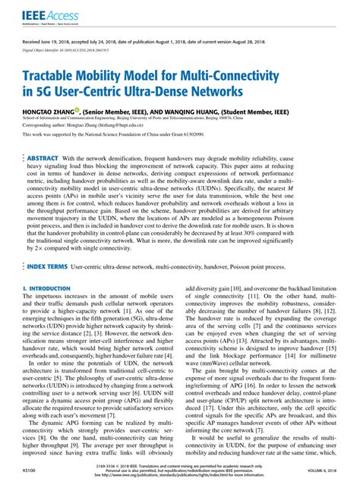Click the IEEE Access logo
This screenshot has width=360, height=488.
[36, 14]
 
